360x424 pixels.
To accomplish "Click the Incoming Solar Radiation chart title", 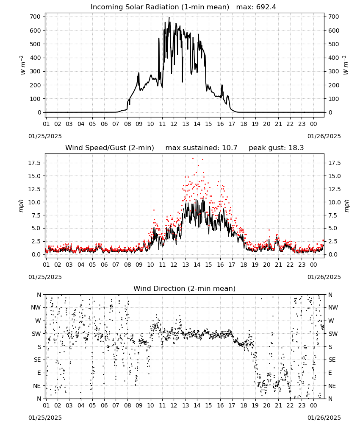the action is [160, 7].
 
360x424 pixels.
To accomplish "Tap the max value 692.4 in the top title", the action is [266, 7].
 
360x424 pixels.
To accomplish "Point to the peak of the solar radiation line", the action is [169, 17].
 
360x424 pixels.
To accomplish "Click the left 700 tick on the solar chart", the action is [36, 17].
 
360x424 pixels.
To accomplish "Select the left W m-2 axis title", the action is [23, 65].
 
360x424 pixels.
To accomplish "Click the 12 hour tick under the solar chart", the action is [174, 124].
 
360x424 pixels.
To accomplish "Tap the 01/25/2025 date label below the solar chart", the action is [45, 136].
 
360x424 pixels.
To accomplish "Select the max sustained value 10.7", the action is [230, 148].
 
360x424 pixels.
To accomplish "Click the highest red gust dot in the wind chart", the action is [193, 159].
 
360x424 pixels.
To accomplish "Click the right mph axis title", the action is [346, 206].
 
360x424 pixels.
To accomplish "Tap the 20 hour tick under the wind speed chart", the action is [267, 265].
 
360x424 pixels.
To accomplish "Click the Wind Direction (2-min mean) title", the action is [185, 288].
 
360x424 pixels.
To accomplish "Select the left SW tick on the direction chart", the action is [36, 334].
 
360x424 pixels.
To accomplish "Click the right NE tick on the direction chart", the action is [332, 386].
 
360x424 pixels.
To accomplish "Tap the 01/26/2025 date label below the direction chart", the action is [324, 418].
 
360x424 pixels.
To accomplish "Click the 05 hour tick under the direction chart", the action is [92, 405].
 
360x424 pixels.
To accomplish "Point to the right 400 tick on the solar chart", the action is [334, 58].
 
